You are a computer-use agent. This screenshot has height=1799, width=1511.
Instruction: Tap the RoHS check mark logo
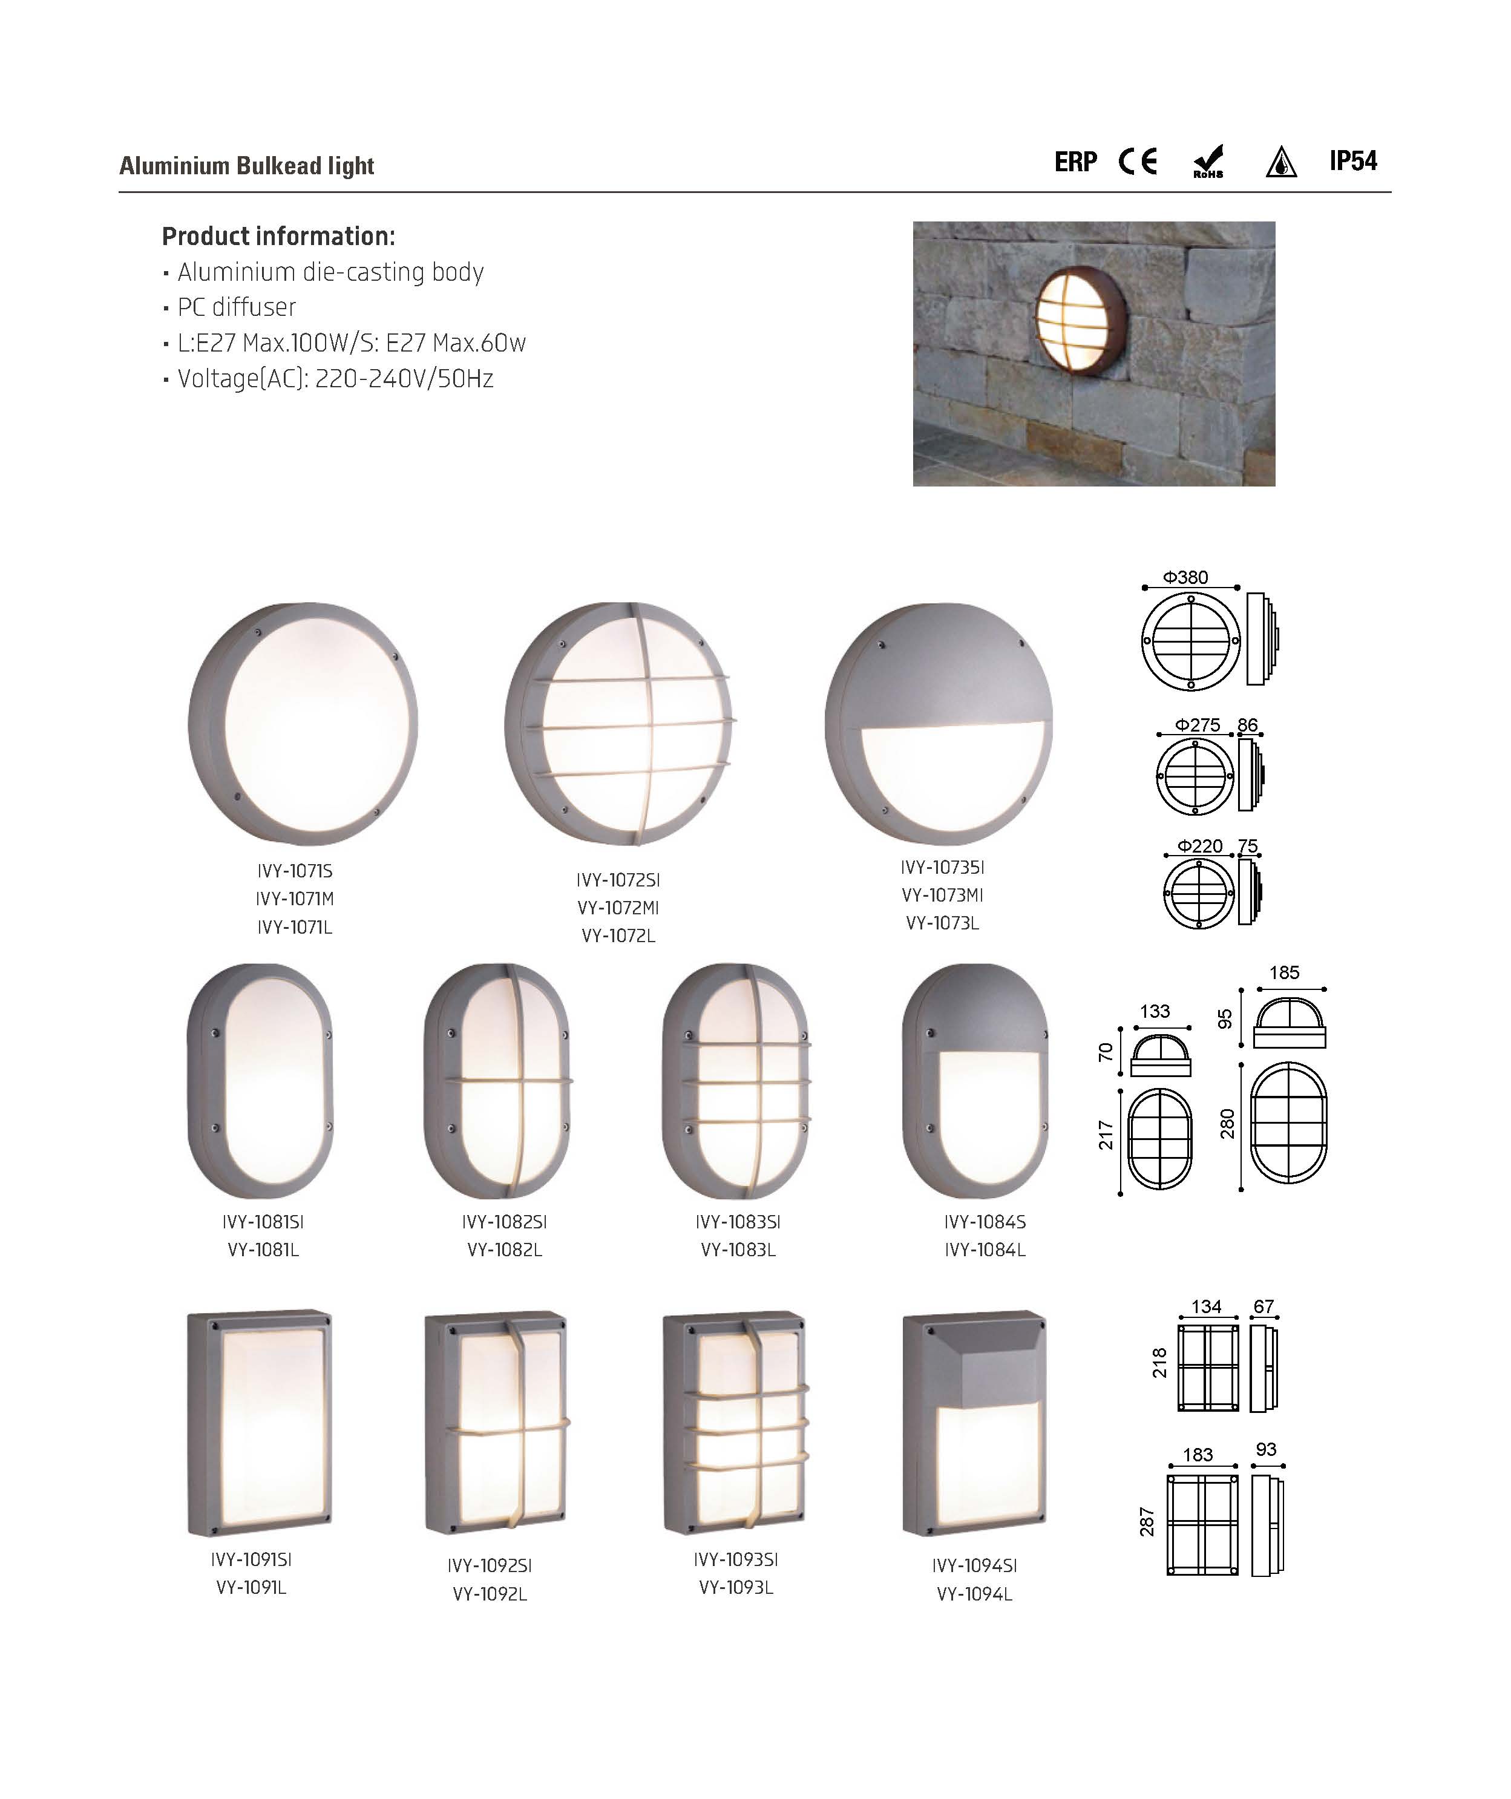click(1208, 161)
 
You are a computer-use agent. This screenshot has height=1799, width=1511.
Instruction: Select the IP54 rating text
click(1354, 160)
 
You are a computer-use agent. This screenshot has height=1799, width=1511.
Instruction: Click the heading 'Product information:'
click(278, 237)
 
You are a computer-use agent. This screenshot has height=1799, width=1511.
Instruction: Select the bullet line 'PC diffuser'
click(237, 307)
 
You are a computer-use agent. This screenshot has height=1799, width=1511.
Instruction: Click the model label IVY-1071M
click(295, 899)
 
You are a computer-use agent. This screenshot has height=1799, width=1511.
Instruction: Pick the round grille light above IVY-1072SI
click(620, 723)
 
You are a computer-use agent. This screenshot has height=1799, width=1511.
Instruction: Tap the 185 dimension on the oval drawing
click(1284, 972)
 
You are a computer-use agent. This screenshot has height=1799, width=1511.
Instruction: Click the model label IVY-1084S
click(985, 1222)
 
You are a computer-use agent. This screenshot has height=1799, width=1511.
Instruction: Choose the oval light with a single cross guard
click(497, 1081)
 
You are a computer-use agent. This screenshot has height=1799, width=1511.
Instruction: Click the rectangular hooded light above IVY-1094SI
click(975, 1424)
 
